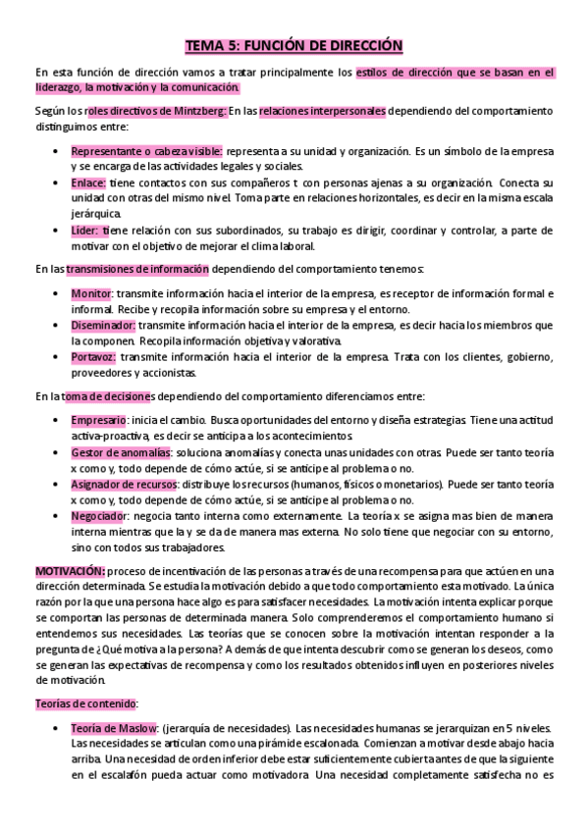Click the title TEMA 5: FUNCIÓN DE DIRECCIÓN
click(294, 45)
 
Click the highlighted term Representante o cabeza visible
click(146, 152)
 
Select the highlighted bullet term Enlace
click(88, 183)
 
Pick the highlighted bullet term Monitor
click(91, 294)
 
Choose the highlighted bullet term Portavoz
click(93, 357)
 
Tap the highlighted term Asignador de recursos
click(124, 485)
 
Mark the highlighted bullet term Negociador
click(99, 516)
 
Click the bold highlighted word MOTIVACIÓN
click(70, 571)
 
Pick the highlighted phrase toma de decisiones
click(108, 396)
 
